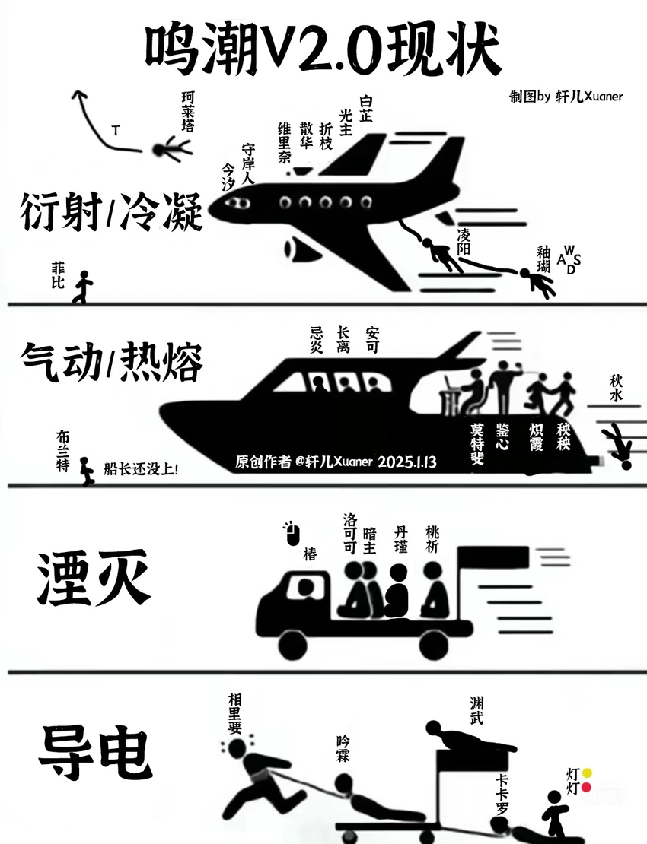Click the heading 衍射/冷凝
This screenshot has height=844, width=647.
click(x=112, y=211)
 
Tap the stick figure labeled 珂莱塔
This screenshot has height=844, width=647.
click(x=172, y=148)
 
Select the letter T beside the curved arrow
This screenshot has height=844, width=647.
click(x=115, y=131)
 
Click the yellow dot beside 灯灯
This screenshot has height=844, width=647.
click(x=587, y=773)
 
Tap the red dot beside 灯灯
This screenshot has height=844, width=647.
click(x=587, y=788)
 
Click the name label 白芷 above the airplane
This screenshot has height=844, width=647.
click(x=367, y=108)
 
